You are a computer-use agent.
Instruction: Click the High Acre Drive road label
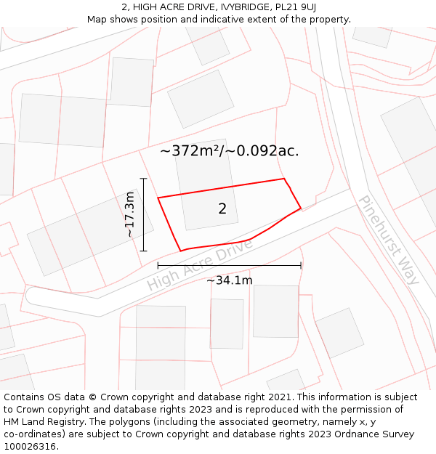click(x=200, y=264)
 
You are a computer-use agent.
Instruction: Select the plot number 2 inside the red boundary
click(x=222, y=209)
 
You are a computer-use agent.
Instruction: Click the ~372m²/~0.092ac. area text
click(x=229, y=151)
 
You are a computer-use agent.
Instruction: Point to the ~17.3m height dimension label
click(x=129, y=214)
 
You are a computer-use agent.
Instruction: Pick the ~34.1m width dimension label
click(x=229, y=280)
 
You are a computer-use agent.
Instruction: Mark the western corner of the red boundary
click(x=158, y=198)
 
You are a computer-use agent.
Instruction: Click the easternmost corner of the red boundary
click(x=301, y=209)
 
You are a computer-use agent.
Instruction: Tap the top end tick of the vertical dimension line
click(x=144, y=179)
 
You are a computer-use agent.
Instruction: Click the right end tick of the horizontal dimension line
click(x=301, y=266)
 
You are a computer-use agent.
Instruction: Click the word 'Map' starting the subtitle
click(x=97, y=19)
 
